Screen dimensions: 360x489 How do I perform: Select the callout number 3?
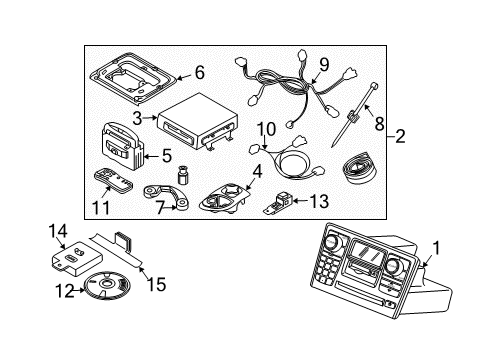[138, 117]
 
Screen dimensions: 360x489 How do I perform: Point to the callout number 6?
[198, 72]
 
